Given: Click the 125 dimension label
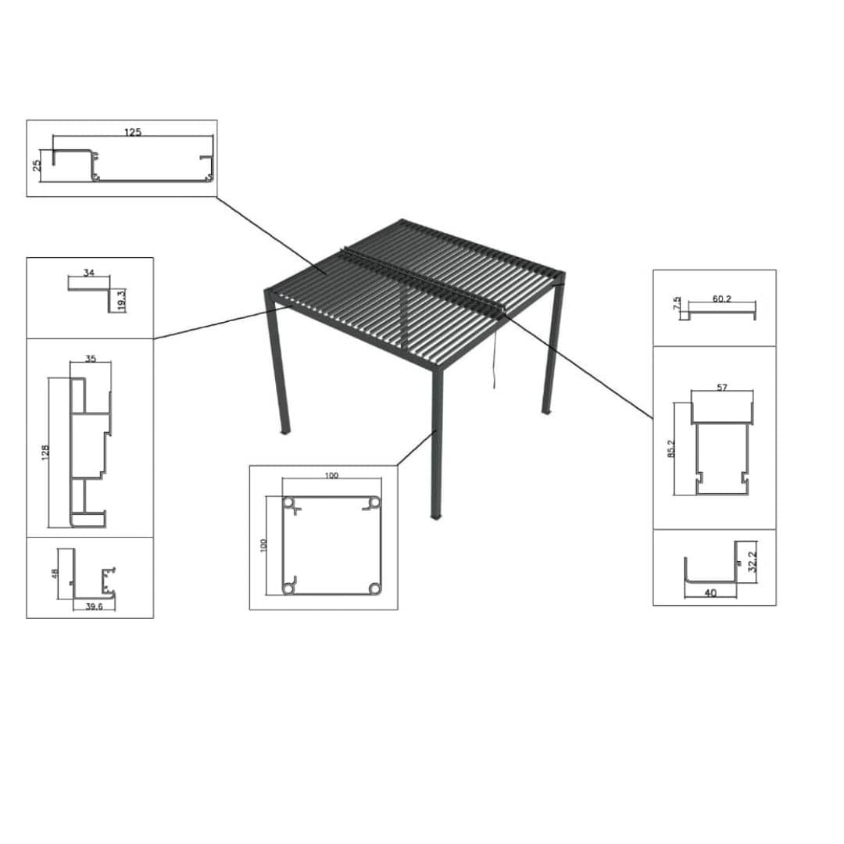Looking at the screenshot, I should coord(133,132).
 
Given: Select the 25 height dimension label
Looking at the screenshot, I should coord(37,166).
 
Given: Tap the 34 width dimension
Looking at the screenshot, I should coord(88,273).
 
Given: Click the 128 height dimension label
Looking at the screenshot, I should coord(45,452).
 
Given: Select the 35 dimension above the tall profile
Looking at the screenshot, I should coord(90,359).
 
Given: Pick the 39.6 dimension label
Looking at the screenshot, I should coord(95,606).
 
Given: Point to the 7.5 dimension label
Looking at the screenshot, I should coord(677,302).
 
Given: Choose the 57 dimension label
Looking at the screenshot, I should coord(722,388).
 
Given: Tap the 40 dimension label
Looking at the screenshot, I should coord(710,593).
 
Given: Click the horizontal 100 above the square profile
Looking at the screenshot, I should coord(331,476).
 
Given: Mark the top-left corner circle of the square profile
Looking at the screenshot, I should coord(289,503).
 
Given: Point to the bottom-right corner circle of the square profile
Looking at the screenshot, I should coord(374,588).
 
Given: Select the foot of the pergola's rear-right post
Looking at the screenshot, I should coord(546,411).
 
